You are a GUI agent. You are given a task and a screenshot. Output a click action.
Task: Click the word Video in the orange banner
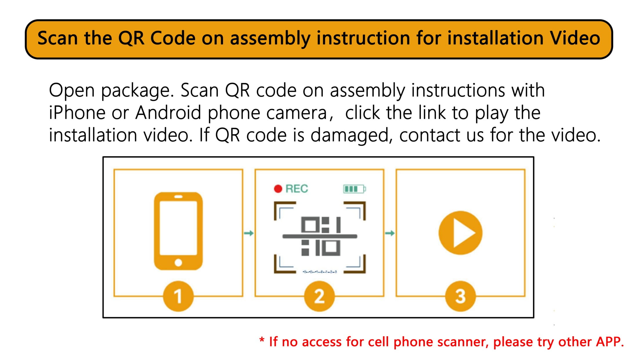(x=575, y=38)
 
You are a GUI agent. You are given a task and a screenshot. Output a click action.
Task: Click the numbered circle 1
(x=178, y=296)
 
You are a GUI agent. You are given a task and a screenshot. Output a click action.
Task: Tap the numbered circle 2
(x=319, y=296)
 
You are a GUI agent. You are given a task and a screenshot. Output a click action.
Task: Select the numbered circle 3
(x=461, y=296)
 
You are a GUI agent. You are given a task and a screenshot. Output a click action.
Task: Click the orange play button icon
(x=461, y=233)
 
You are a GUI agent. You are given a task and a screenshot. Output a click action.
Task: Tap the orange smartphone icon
(x=178, y=231)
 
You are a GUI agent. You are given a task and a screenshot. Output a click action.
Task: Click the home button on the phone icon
(x=178, y=263)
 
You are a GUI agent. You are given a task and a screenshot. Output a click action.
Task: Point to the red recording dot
(x=278, y=189)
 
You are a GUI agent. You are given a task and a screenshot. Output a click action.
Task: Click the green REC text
(x=297, y=189)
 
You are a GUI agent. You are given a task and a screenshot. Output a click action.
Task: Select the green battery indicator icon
(x=354, y=189)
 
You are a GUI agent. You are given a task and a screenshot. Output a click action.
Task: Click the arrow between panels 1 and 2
(x=249, y=233)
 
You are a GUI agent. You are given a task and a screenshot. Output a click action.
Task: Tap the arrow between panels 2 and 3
(x=390, y=233)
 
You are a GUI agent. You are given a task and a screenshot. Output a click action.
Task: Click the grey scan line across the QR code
(x=320, y=236)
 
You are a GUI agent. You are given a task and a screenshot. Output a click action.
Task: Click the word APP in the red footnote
(x=610, y=342)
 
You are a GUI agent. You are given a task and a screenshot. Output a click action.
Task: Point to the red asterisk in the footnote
(x=262, y=340)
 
